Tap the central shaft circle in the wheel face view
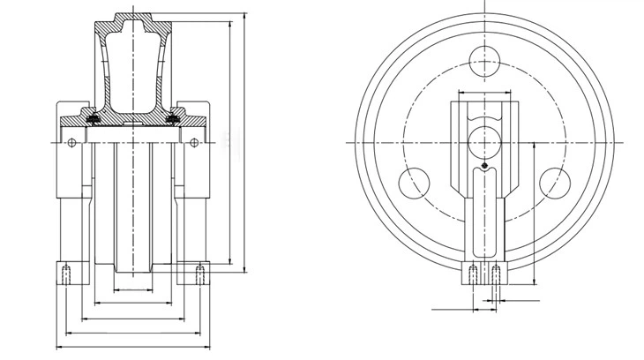pos(485,141)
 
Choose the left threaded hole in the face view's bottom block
pos(475,274)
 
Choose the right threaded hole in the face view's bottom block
pos(497,274)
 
